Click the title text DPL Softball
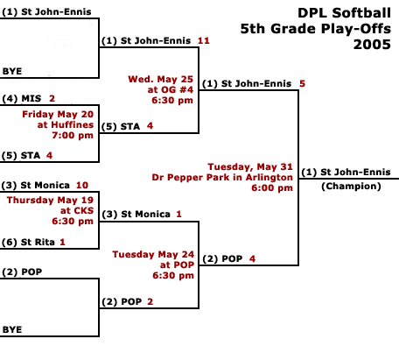344,13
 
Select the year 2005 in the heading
372,45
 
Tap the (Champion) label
351,187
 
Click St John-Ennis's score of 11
204,40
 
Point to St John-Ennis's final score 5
302,84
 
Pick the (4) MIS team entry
22,99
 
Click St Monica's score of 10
82,185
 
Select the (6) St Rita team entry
28,242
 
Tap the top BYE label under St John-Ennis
12,71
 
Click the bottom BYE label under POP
12,329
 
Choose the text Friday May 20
58,114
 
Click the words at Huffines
66,124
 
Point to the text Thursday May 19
50,201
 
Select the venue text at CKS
77,210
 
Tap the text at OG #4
171,89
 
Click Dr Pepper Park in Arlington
222,177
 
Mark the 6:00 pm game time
272,187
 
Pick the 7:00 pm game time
73,135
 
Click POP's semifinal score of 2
150,301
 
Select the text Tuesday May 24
153,254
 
